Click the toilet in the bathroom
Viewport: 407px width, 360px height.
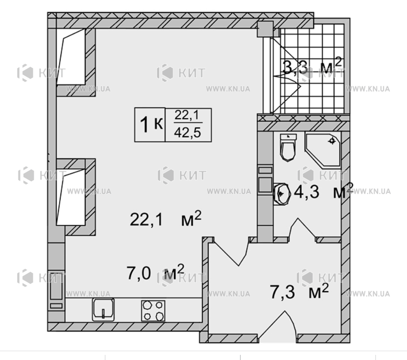288,148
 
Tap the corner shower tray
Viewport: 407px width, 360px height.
323,150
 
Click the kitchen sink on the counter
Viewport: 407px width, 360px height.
103,309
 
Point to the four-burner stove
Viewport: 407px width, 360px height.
153,311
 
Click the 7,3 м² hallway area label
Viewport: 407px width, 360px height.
299,291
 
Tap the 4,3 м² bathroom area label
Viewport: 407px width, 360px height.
323,192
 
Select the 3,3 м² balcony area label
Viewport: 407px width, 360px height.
312,66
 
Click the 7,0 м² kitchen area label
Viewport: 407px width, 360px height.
155,273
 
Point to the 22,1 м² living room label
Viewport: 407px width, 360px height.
165,219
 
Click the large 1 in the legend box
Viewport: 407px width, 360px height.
144,124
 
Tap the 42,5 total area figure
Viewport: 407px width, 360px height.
187,133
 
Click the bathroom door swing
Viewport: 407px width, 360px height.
303,229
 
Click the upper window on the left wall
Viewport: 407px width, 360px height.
71,57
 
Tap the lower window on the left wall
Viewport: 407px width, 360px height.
71,197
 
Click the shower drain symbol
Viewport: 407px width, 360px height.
332,141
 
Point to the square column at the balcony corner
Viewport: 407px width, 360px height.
265,29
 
